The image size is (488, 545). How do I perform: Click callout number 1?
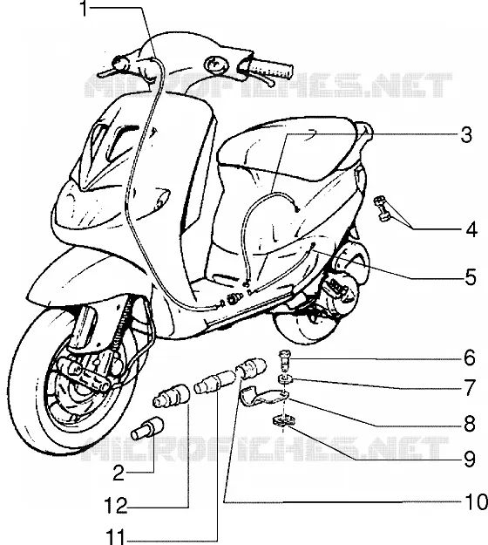click(x=84, y=9)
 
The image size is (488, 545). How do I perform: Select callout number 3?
click(x=466, y=135)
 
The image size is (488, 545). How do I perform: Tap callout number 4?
click(x=471, y=230)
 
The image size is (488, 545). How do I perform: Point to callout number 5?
click(x=471, y=277)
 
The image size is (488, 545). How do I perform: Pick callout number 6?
click(x=469, y=358)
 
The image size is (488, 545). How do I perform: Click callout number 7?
click(x=470, y=387)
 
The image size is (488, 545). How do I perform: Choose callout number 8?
click(x=470, y=424)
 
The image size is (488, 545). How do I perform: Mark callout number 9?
click(x=470, y=460)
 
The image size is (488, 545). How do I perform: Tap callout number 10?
click(x=476, y=502)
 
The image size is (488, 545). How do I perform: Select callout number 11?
click(x=116, y=538)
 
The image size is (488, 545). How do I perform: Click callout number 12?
click(x=116, y=506)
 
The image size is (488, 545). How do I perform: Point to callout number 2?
click(x=119, y=473)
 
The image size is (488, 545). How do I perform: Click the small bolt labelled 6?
click(x=284, y=361)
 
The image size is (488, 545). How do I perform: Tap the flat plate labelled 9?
click(x=284, y=421)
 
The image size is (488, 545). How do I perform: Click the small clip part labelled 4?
click(x=382, y=208)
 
